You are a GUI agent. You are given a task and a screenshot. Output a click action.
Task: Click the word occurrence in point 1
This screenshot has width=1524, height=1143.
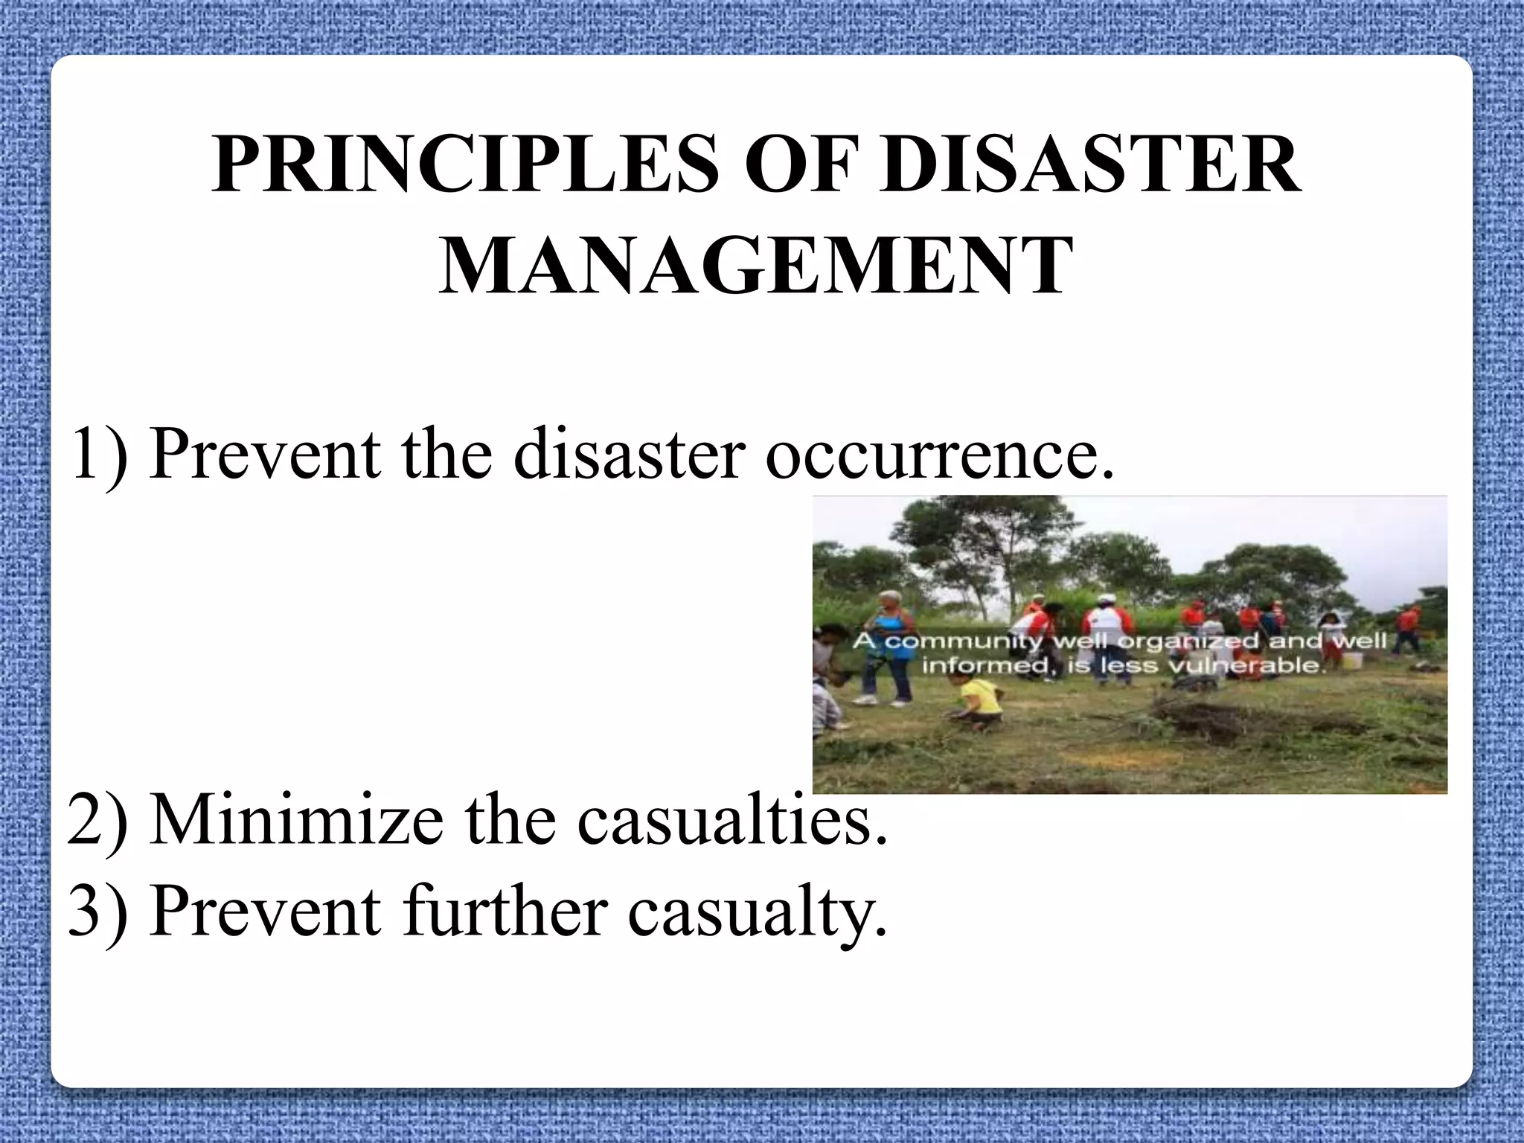pos(940,453)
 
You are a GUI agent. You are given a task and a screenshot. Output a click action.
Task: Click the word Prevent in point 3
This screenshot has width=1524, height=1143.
pos(265,912)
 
